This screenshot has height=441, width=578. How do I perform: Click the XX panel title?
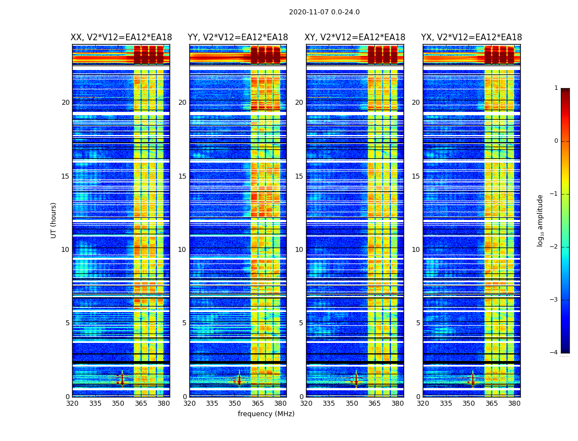point(121,37)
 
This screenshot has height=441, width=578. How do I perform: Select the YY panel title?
point(238,37)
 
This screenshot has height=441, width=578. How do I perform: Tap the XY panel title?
point(355,37)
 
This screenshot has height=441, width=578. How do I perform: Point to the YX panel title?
point(472,37)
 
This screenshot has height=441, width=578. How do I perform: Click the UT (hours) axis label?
point(54,220)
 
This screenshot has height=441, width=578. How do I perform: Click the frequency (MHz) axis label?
point(266,414)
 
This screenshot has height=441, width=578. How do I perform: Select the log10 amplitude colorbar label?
point(541,220)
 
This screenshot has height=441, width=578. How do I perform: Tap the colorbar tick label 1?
point(555,88)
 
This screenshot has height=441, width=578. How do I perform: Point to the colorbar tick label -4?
point(554,353)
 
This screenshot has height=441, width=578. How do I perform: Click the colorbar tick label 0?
point(555,141)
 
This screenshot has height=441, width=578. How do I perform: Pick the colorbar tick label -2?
point(554,247)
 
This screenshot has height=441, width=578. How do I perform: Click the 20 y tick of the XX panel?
point(66,103)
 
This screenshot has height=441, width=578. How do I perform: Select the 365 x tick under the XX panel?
point(141,404)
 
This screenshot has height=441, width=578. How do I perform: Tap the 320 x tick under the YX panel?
point(423,404)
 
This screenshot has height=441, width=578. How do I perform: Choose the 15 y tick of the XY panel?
point(299,176)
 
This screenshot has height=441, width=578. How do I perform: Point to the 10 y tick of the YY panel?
point(182,250)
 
